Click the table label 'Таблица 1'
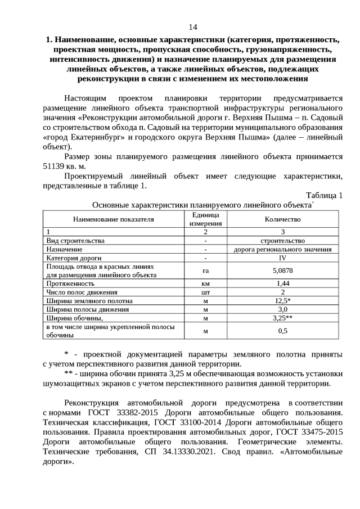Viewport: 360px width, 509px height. (325, 195)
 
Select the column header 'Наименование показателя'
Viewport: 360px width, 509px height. (113, 219)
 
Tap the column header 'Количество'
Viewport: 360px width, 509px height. (282, 219)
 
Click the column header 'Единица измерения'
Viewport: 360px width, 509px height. (205, 219)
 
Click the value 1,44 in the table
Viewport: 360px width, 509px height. (282, 283)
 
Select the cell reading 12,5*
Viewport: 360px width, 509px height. (282, 301)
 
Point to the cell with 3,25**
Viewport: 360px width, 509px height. (282, 318)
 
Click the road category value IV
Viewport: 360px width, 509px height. (282, 258)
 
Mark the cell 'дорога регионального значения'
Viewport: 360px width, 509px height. (282, 249)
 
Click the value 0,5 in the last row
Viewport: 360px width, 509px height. (282, 331)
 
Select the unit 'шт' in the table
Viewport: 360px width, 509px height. (205, 292)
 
